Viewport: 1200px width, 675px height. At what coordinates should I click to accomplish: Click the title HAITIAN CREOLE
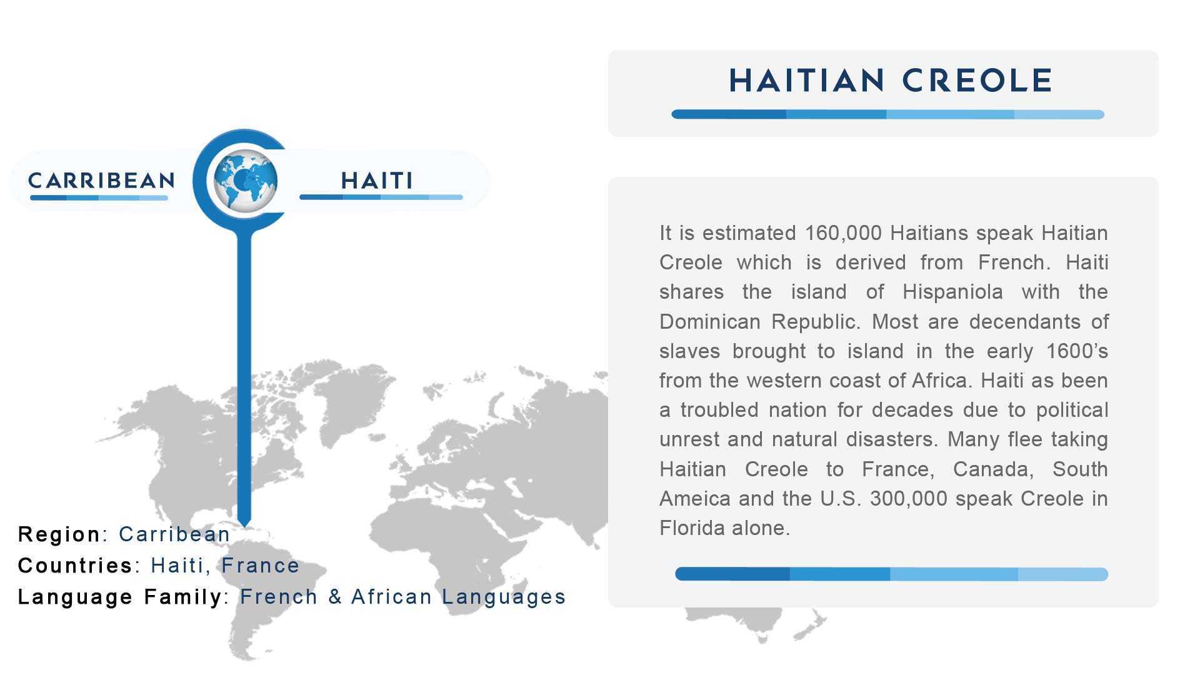pos(891,81)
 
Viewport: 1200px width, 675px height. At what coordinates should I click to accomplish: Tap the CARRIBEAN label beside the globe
pos(101,181)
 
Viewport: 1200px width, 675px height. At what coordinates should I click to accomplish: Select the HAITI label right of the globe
pos(377,181)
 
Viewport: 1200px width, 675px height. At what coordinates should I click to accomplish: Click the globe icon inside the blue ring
pos(245,181)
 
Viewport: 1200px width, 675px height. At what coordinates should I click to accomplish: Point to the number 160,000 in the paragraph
pos(843,233)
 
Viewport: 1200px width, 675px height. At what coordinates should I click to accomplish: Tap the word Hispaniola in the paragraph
pos(952,292)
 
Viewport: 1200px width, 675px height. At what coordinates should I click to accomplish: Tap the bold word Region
pos(59,535)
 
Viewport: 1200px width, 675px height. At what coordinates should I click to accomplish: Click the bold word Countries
pos(75,566)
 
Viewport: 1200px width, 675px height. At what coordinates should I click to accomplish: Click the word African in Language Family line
pos(391,597)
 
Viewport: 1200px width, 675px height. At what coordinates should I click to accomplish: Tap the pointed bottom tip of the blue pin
pos(244,526)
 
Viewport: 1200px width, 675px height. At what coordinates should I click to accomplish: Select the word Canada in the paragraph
pos(992,469)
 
